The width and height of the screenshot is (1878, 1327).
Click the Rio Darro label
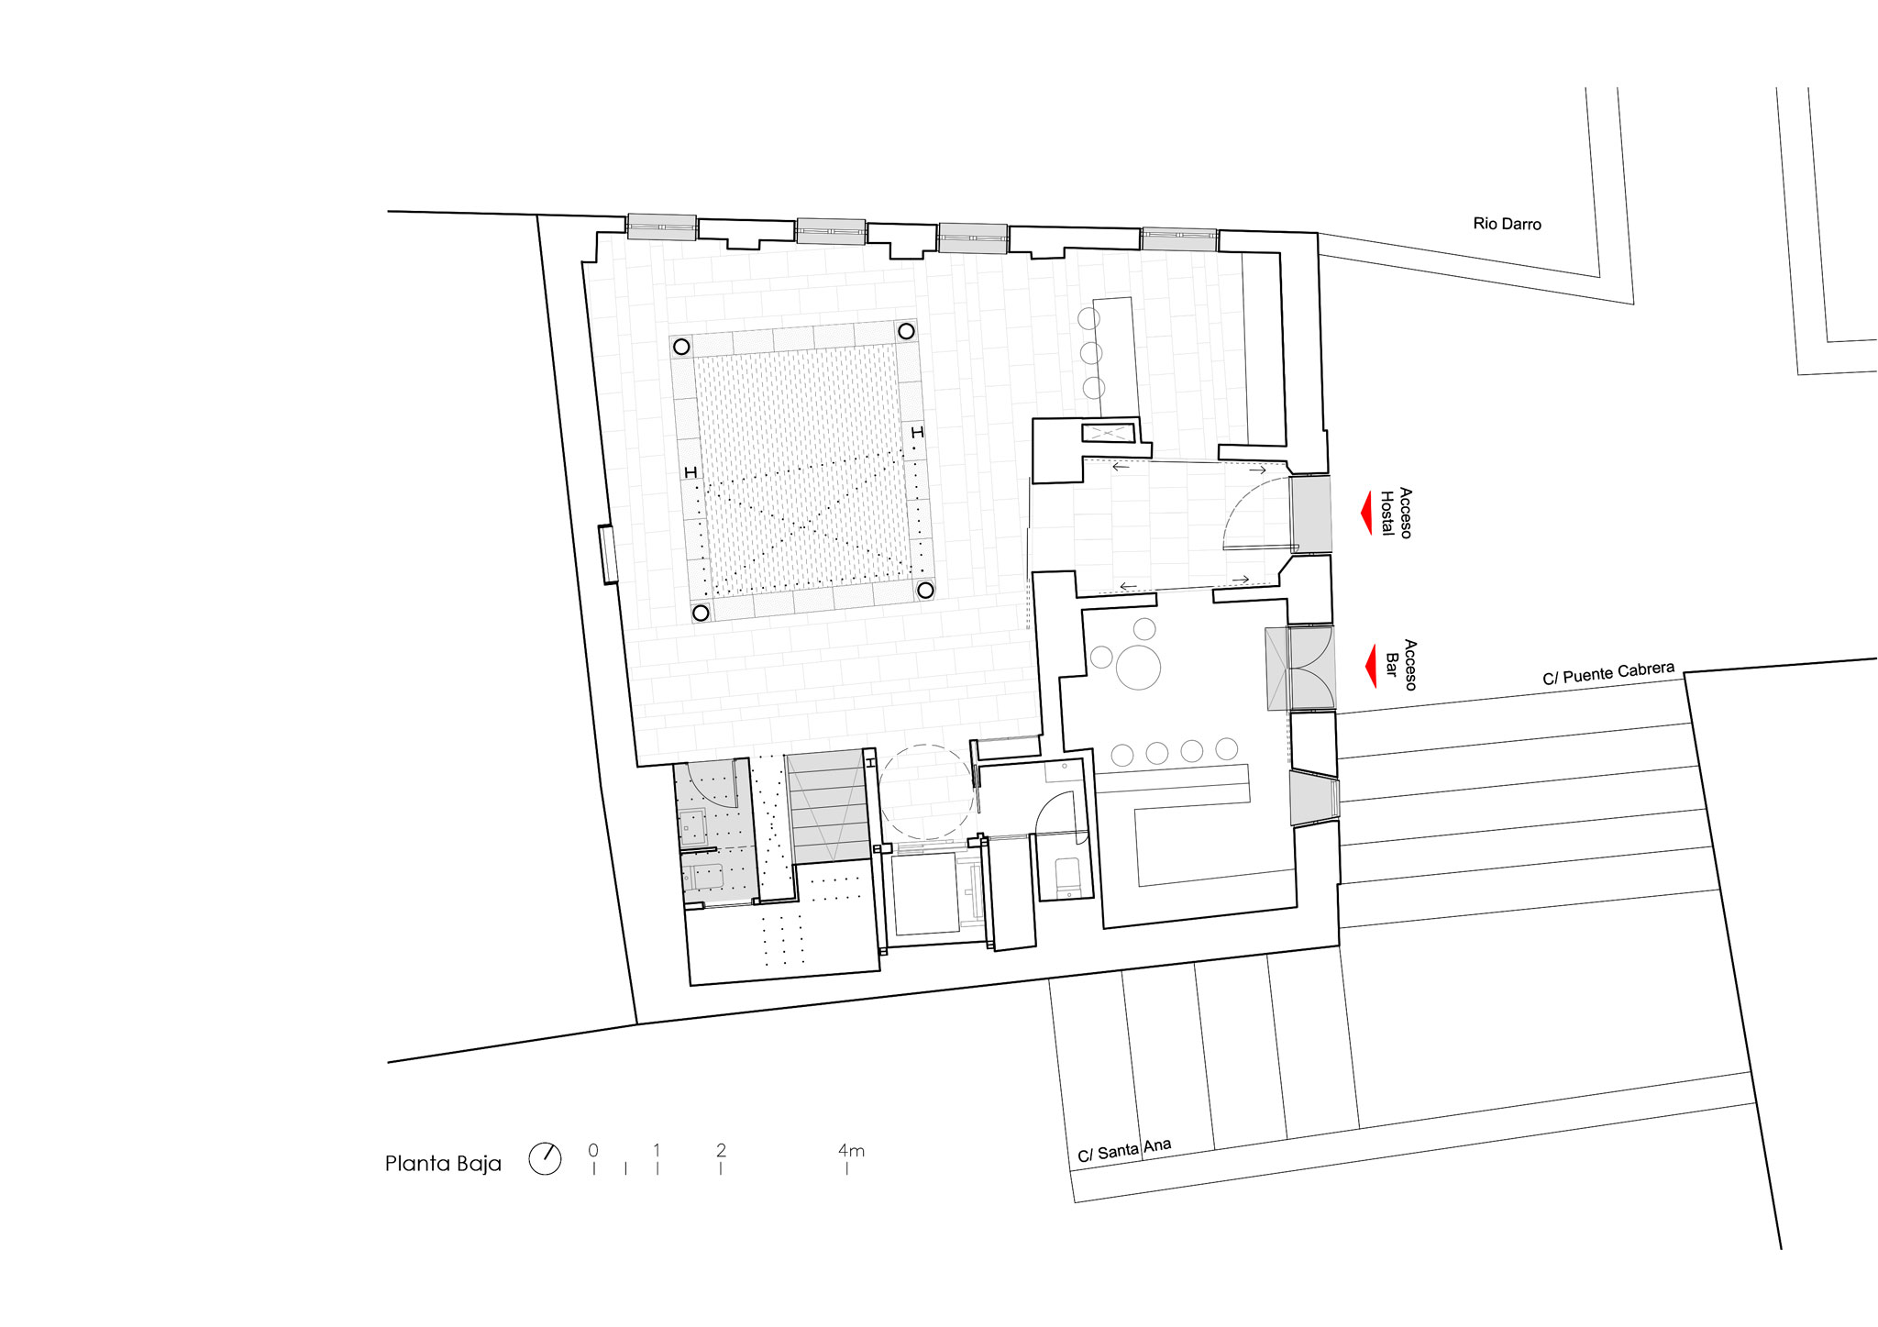pyautogui.click(x=1507, y=224)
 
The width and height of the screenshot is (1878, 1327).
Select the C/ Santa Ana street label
pyautogui.click(x=1124, y=1150)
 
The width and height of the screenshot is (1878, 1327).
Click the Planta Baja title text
pyautogui.click(x=443, y=1164)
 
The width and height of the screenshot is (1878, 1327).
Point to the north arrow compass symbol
pyautogui.click(x=545, y=1159)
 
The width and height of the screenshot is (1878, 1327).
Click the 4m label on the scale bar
pyautogui.click(x=851, y=1150)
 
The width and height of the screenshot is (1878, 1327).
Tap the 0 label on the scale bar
pyautogui.click(x=593, y=1150)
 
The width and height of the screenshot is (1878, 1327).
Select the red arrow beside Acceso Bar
pyautogui.click(x=1371, y=666)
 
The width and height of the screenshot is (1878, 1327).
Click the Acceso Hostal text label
pyautogui.click(x=1396, y=514)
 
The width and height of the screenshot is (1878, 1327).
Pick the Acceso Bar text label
pyautogui.click(x=1401, y=665)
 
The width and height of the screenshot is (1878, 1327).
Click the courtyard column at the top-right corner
pyautogui.click(x=906, y=331)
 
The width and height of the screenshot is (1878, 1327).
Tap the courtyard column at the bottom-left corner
pyautogui.click(x=701, y=613)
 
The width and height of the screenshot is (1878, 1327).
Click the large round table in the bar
pyautogui.click(x=1138, y=667)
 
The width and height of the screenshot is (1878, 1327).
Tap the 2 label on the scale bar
pyautogui.click(x=721, y=1150)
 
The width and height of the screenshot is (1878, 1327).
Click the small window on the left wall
pyautogui.click(x=607, y=554)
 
